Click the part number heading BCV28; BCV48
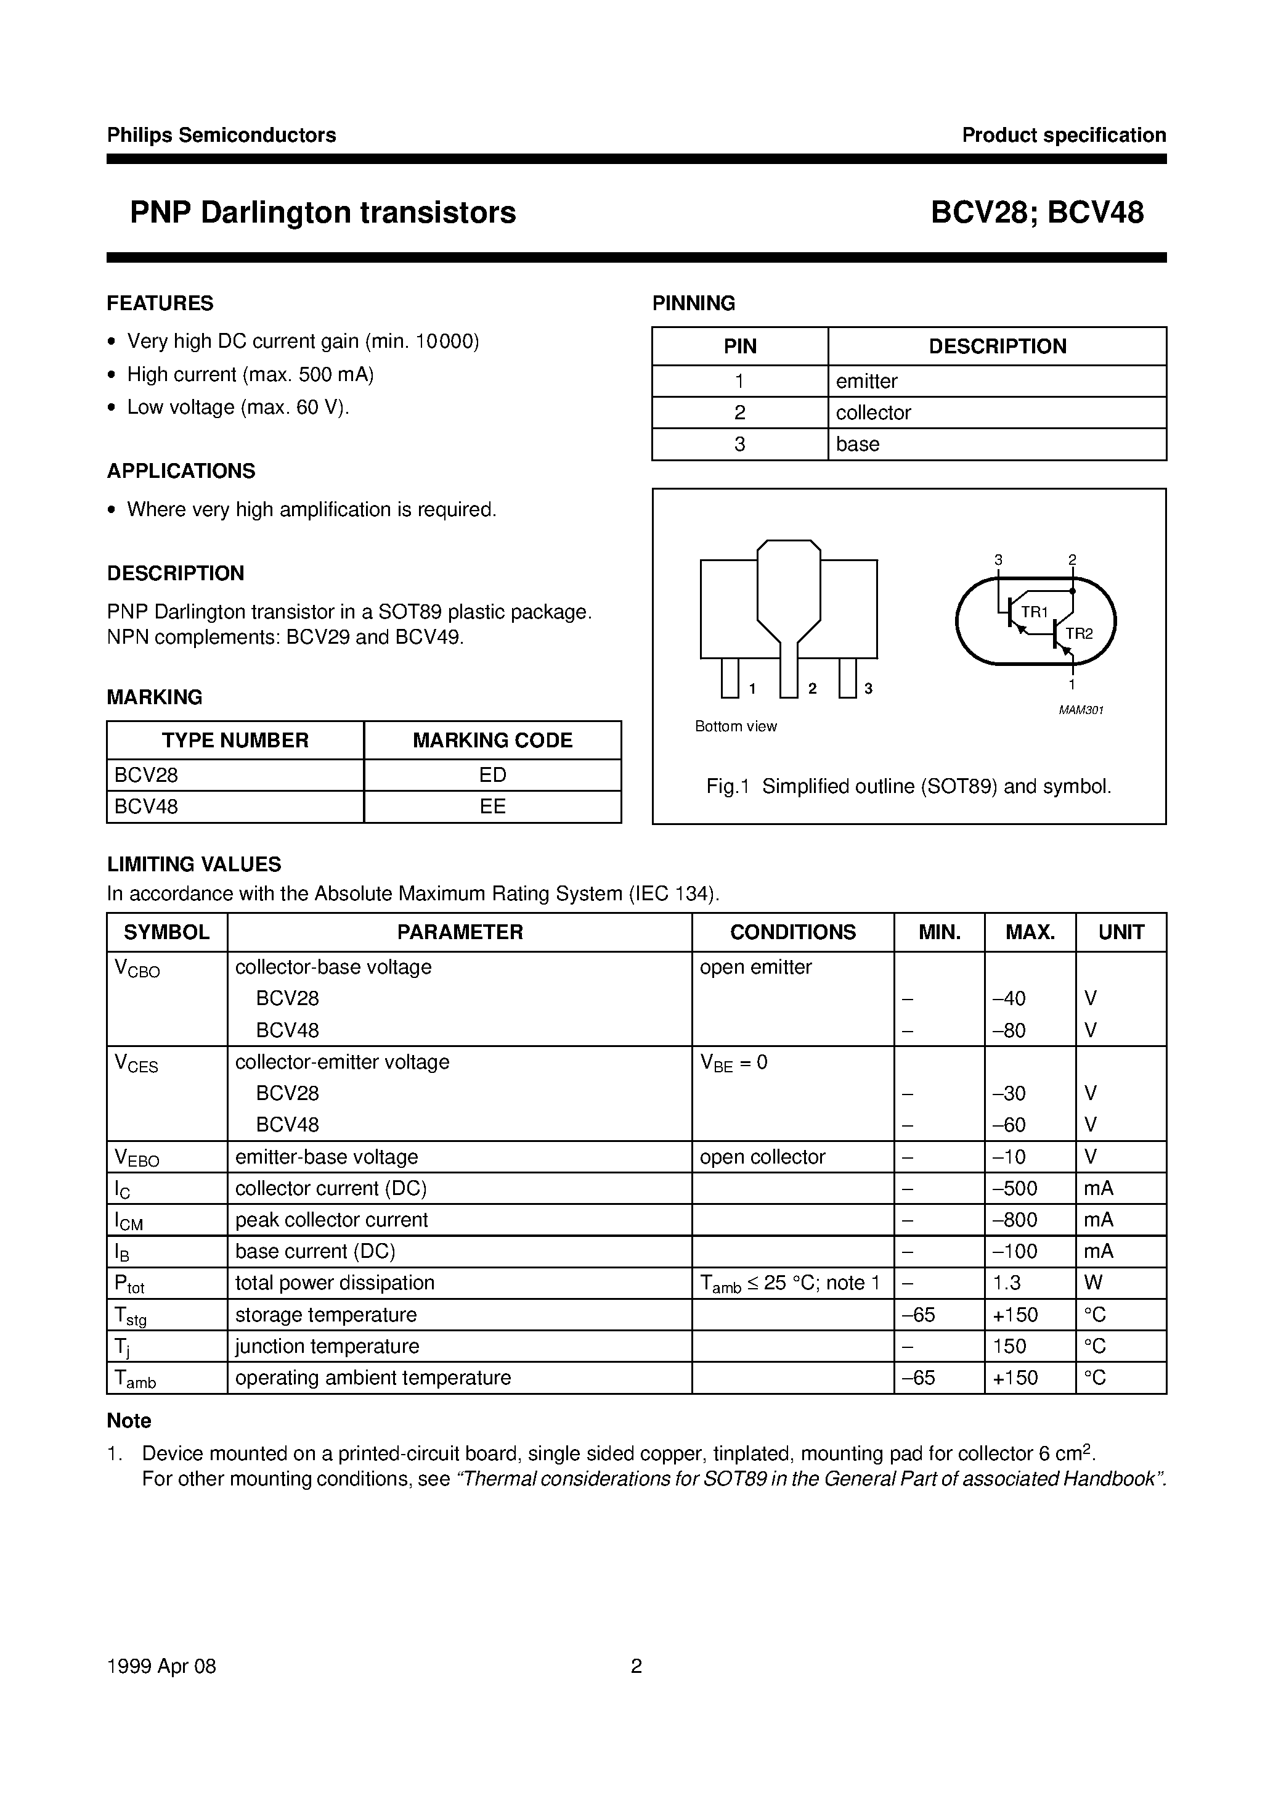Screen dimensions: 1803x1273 [x=1037, y=213]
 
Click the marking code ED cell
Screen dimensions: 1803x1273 [x=492, y=775]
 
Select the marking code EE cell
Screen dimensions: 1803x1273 [x=492, y=807]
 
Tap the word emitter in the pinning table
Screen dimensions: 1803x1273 [x=866, y=381]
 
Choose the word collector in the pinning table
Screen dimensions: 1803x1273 [x=872, y=413]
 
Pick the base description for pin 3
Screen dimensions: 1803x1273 [x=857, y=444]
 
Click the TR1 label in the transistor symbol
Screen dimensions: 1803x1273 [x=1034, y=612]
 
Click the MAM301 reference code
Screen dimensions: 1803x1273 [x=1081, y=710]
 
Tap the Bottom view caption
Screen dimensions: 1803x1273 [x=735, y=726]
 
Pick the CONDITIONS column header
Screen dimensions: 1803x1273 [x=792, y=932]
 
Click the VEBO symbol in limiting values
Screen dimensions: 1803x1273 [x=137, y=1157]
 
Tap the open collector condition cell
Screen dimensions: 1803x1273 [x=762, y=1157]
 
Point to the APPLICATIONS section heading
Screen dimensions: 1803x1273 [x=181, y=471]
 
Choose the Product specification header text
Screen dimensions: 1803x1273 [x=1064, y=135]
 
